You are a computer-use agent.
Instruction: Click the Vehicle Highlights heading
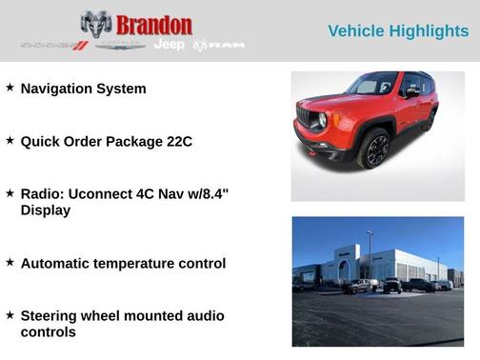coord(398,31)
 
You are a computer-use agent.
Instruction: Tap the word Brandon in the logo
coord(153,25)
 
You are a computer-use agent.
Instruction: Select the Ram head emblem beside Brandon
coord(96,24)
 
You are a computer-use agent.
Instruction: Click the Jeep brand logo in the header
coord(170,45)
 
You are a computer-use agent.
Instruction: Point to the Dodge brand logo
coord(54,46)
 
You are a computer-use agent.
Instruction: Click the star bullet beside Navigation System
coord(10,88)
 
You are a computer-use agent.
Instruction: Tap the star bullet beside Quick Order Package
coord(10,140)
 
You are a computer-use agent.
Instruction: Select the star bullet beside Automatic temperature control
coord(10,262)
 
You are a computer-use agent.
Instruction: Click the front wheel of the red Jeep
coord(373,149)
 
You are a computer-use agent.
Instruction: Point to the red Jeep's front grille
coord(307,117)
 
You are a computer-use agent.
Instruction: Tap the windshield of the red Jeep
coord(373,84)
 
